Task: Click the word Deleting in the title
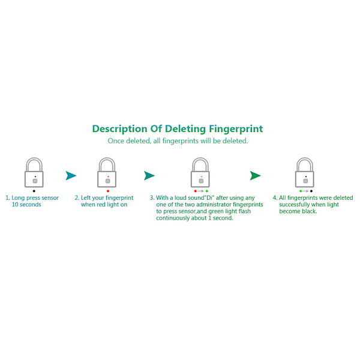click(x=185, y=129)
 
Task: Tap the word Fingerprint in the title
click(x=236, y=129)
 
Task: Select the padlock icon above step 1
click(x=34, y=172)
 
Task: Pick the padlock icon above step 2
click(x=107, y=172)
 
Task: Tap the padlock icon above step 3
click(x=200, y=172)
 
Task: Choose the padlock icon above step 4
click(x=305, y=172)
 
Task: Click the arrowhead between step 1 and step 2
click(x=71, y=176)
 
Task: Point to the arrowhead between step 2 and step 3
click(x=149, y=176)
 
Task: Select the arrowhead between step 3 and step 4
click(x=256, y=176)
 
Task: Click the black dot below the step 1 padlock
click(x=34, y=191)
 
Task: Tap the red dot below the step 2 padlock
click(x=108, y=191)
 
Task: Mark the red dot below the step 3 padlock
click(x=196, y=191)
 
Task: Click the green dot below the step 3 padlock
click(x=207, y=191)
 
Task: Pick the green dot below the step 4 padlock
click(x=301, y=191)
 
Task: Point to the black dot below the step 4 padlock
click(x=311, y=191)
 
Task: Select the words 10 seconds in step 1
click(x=26, y=205)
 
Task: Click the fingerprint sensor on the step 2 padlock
click(x=107, y=181)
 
